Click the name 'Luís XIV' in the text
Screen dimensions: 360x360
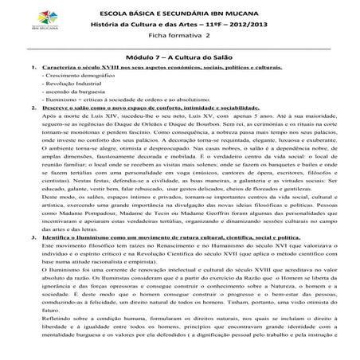(x=90, y=128)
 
